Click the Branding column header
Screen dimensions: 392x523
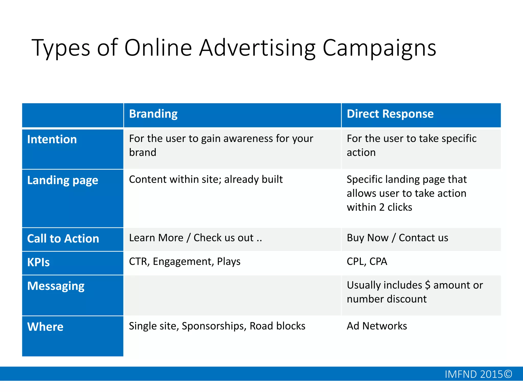(x=153, y=114)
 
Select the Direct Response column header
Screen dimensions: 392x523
(x=390, y=114)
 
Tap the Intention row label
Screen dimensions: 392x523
(x=52, y=140)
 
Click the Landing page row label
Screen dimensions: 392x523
(x=63, y=180)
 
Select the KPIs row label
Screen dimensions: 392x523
(x=38, y=262)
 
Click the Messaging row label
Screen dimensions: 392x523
(x=56, y=286)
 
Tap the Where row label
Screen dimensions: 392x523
(x=45, y=327)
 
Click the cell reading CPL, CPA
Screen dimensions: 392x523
(x=367, y=262)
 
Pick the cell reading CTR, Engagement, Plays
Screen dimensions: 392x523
(x=185, y=262)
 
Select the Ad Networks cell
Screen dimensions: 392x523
(x=377, y=326)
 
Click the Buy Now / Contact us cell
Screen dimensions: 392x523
(x=397, y=238)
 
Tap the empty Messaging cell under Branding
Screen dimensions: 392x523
(x=232, y=296)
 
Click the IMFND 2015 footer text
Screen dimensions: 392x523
(x=478, y=374)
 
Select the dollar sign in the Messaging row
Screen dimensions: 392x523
(x=427, y=285)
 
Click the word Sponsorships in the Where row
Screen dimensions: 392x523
(x=214, y=326)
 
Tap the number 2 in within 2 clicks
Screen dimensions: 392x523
(x=382, y=207)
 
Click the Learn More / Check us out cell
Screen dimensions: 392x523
(x=195, y=238)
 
